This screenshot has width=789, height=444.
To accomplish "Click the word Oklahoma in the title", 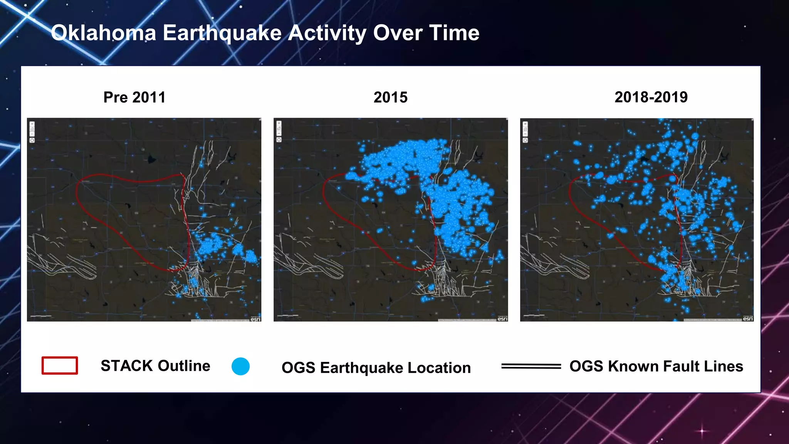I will point(103,33).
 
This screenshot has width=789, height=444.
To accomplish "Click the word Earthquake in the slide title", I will point(222,33).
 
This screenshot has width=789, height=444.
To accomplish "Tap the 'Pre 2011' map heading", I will point(134,97).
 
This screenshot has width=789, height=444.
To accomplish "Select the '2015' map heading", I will point(390,97).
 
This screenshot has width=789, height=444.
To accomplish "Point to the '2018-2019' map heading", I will point(651,97).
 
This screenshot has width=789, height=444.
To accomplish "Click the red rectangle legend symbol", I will point(60,365).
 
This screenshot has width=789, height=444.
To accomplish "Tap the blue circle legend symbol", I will point(240,366).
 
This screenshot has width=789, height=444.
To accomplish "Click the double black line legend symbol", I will point(531,366).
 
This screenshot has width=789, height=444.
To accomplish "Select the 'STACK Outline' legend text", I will point(155,366).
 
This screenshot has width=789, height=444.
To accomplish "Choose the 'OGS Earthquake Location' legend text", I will point(376,368).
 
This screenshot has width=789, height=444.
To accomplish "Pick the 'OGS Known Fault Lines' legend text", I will point(656,366).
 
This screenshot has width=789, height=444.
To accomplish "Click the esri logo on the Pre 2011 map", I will point(255,319).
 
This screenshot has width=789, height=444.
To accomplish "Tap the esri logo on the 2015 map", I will point(502,319).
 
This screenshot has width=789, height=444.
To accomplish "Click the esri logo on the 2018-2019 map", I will point(748,319).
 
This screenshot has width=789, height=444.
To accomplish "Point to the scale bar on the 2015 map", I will point(288,316).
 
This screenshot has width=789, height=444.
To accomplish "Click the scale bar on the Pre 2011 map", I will point(41,316).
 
